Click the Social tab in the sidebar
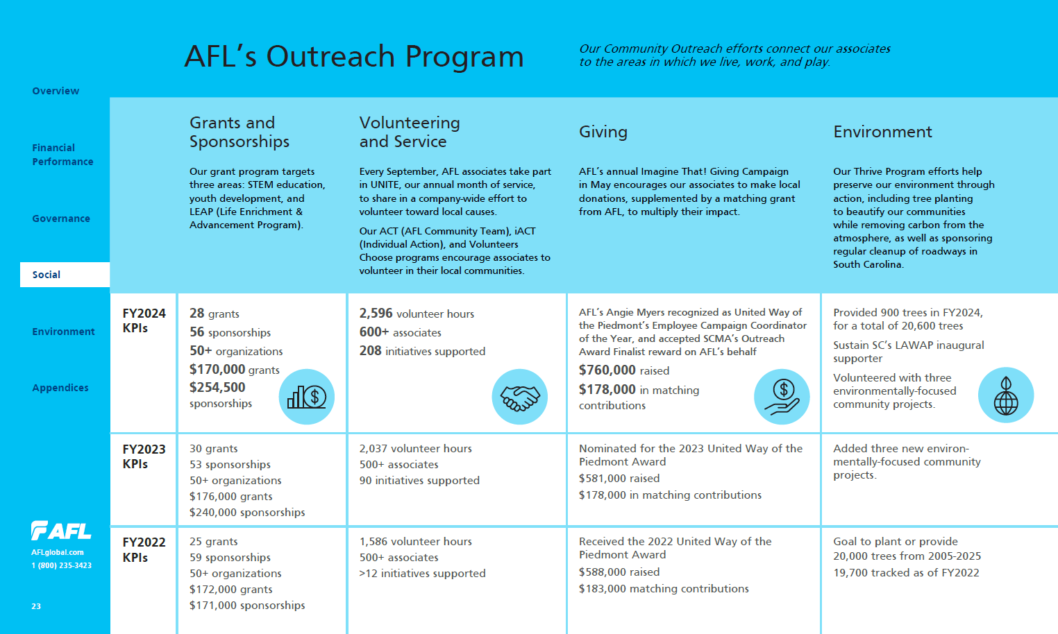[47, 275]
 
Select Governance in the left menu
[61, 219]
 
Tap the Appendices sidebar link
[60, 388]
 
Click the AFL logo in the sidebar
[61, 531]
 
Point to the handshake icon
[519, 397]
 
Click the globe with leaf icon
[1005, 395]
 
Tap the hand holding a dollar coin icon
[782, 397]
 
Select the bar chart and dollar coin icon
[307, 397]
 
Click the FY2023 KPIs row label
[144, 456]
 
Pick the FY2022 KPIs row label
[144, 549]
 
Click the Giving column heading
[603, 132]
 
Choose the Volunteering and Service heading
[410, 132]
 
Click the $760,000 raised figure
[624, 370]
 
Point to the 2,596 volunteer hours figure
[417, 314]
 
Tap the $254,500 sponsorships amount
[221, 395]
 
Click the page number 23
[36, 606]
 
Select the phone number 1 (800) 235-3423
[61, 565]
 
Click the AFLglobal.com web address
[58, 552]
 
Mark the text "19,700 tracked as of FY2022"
[906, 573]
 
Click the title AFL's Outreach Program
[354, 56]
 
